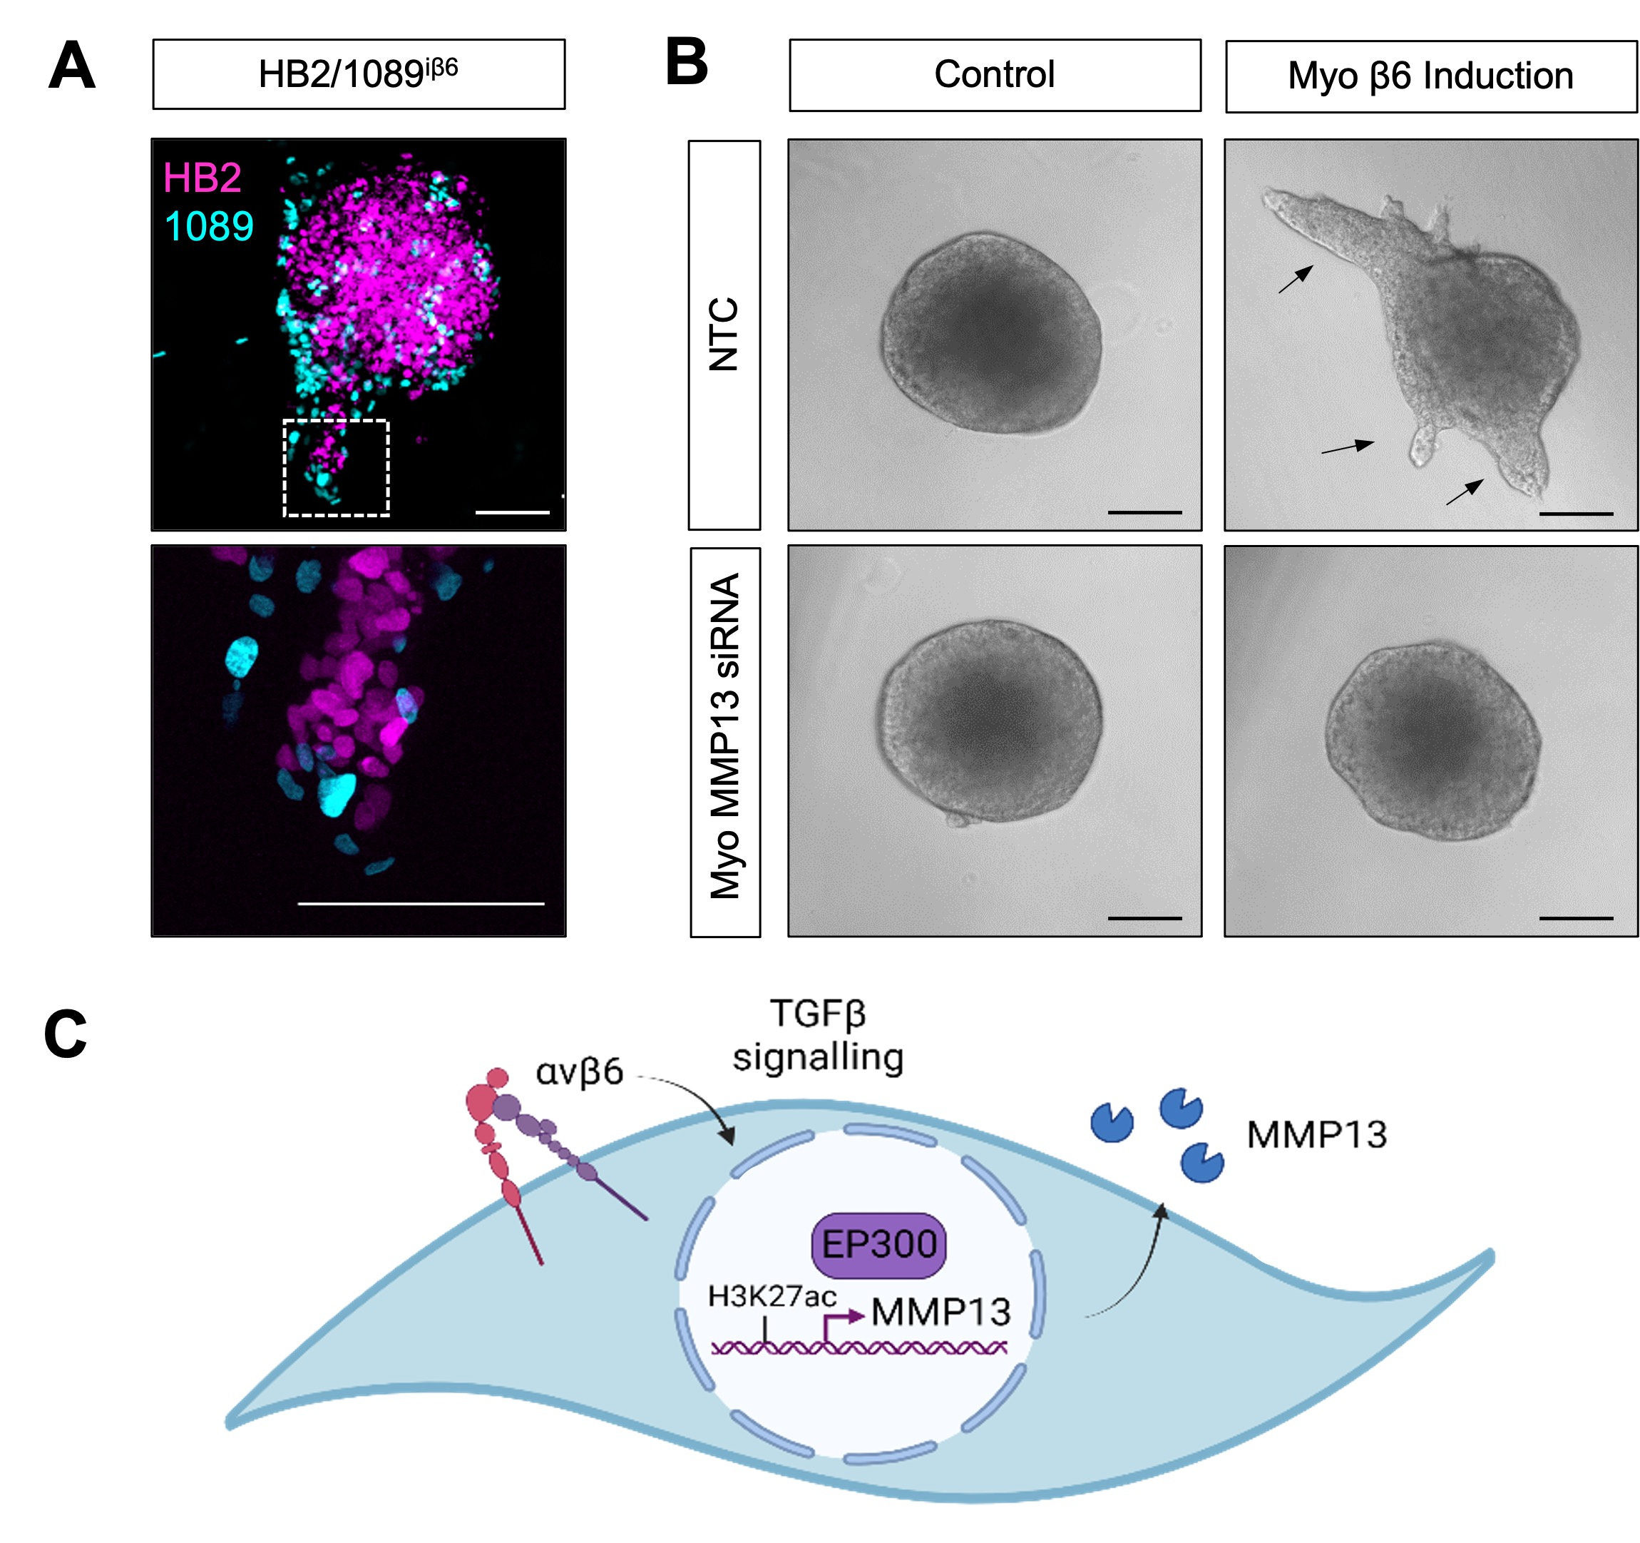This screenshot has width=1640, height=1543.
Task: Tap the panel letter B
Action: pyautogui.click(x=687, y=63)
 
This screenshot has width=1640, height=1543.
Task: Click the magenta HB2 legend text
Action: pyautogui.click(x=202, y=178)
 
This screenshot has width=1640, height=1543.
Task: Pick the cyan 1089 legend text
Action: pyautogui.click(x=209, y=226)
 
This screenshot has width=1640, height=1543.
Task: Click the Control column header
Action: pyautogui.click(x=994, y=74)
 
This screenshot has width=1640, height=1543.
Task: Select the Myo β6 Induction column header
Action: pyautogui.click(x=1430, y=76)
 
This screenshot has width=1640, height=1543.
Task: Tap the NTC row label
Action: pyautogui.click(x=724, y=334)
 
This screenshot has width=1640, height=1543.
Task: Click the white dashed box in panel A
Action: pyautogui.click(x=336, y=468)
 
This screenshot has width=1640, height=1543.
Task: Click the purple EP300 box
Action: pyautogui.click(x=879, y=1243)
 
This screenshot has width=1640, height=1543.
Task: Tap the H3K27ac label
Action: pyautogui.click(x=772, y=1296)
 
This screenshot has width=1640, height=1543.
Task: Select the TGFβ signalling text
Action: pyautogui.click(x=819, y=1036)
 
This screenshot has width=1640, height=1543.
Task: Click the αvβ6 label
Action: pyautogui.click(x=579, y=1073)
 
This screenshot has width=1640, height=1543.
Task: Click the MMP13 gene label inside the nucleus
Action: pyautogui.click(x=941, y=1312)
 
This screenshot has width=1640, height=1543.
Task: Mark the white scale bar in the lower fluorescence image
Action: pyautogui.click(x=421, y=904)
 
